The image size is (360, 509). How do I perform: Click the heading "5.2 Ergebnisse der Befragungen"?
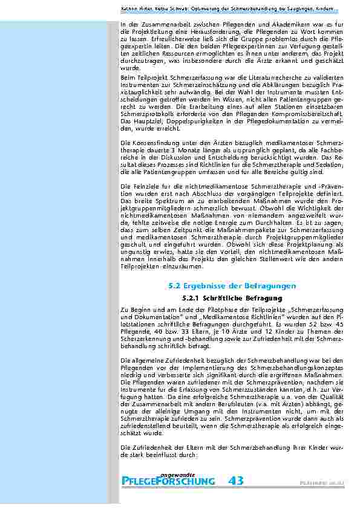pos(232,285)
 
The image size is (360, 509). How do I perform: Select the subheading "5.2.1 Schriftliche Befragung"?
pos(232,298)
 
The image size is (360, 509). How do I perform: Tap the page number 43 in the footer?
pos(237,481)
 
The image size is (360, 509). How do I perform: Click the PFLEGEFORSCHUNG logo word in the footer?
pos(169,481)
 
